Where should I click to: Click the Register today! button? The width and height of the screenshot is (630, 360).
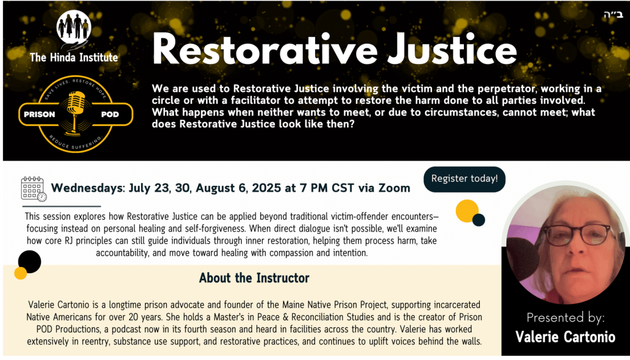tap(465, 179)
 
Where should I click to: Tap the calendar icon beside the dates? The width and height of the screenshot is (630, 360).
tap(34, 189)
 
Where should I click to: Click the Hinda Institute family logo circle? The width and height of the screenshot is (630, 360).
tap(74, 27)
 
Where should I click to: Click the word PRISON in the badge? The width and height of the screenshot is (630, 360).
tap(39, 114)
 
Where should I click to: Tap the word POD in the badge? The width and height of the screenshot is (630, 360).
tap(110, 114)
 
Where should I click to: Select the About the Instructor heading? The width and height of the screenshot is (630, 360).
tap(254, 278)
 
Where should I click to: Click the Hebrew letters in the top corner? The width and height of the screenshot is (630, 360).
tap(613, 15)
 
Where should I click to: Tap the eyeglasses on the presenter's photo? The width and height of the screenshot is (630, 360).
tap(577, 236)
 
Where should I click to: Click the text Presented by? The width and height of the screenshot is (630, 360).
tap(565, 318)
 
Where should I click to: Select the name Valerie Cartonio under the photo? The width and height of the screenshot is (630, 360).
tap(565, 337)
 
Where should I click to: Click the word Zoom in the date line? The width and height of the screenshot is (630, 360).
tap(396, 188)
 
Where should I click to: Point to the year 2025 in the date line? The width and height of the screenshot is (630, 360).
tap(266, 188)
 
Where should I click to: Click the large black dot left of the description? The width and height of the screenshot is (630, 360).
tap(30, 262)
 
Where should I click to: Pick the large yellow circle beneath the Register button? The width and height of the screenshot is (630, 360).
tap(467, 211)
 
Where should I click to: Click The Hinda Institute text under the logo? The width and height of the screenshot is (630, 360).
tap(74, 57)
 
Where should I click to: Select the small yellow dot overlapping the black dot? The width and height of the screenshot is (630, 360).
tap(20, 273)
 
